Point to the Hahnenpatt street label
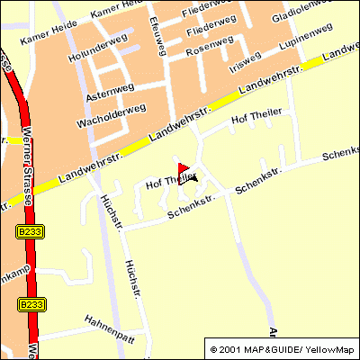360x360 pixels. click(x=108, y=320)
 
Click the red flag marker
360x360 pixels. click(x=183, y=168)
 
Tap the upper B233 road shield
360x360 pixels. click(x=30, y=231)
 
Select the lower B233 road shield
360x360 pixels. click(x=30, y=305)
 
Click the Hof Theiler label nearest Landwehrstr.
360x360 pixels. click(x=256, y=117)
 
